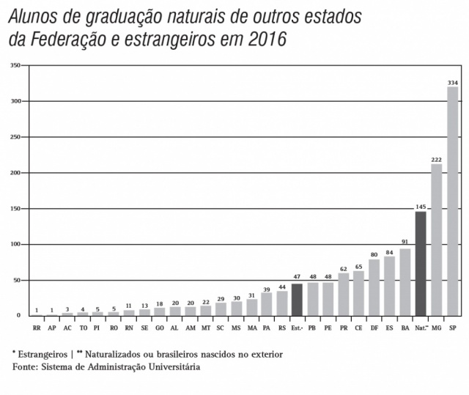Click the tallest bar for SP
coord(452,202)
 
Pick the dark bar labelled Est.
coord(297,300)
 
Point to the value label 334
coord(452,83)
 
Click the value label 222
coord(436,159)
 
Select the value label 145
coord(421,207)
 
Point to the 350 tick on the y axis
coord(14,66)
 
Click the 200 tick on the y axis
coord(14,173)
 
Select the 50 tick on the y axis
coord(15,280)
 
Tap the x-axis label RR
coord(37,329)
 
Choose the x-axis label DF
coord(374,329)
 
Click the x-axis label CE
coord(358,329)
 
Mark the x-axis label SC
coord(221,329)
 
